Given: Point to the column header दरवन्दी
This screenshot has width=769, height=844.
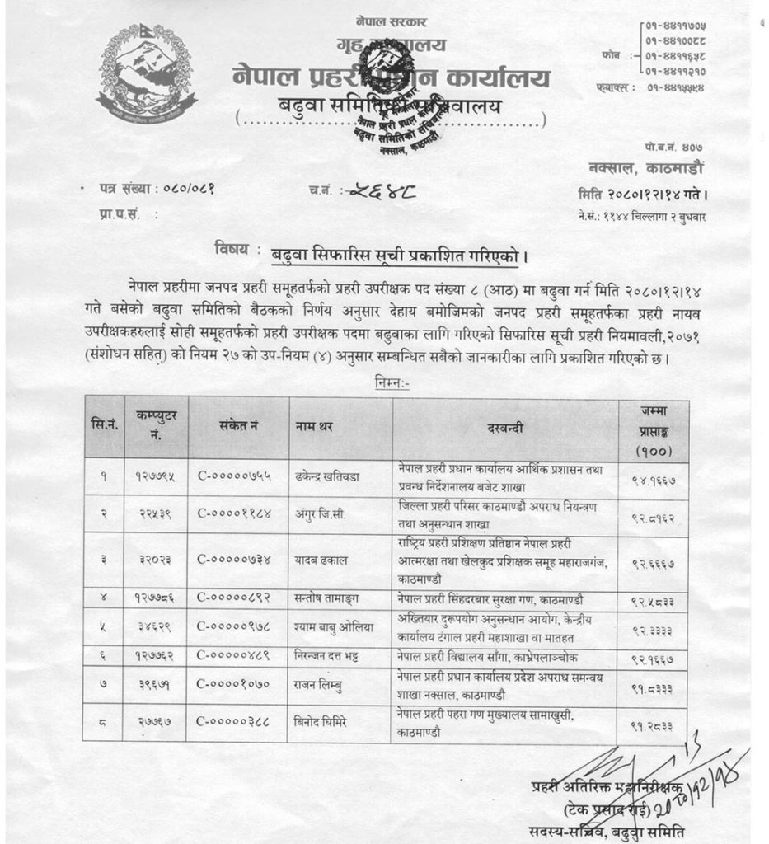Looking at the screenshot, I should click(504, 427).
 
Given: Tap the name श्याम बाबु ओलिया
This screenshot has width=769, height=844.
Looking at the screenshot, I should click(333, 627).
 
